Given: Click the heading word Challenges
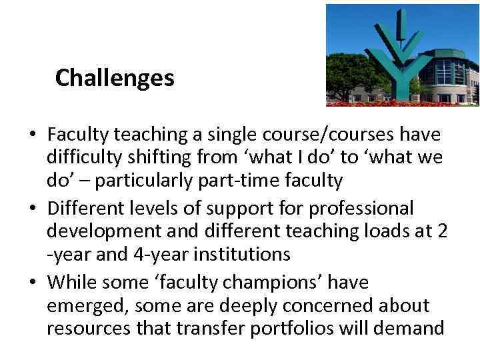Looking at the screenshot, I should tap(115, 79).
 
